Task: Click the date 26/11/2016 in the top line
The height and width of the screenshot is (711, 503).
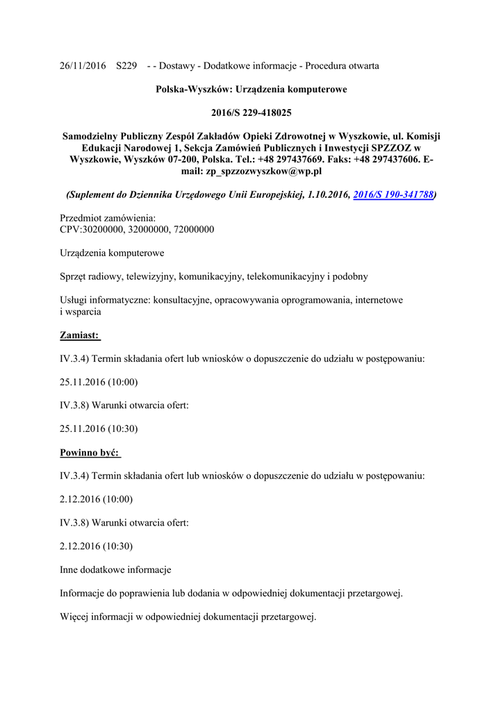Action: click(83, 66)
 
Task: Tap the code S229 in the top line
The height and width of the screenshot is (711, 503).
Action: click(126, 66)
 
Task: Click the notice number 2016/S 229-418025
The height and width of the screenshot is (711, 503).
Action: click(251, 112)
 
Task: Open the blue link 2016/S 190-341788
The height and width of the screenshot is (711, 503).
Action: click(393, 196)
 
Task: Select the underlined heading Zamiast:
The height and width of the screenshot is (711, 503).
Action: click(80, 335)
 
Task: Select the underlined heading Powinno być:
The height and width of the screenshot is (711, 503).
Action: click(90, 453)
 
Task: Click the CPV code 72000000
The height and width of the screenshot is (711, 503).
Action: click(190, 229)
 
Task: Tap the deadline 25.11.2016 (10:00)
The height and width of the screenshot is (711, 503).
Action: click(99, 382)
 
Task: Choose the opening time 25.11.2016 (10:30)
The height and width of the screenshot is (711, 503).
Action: click(99, 428)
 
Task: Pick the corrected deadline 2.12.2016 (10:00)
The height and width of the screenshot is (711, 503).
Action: click(96, 499)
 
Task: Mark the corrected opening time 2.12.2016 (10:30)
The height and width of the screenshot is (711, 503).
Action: click(96, 546)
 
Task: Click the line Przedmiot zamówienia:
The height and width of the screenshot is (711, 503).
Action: click(108, 218)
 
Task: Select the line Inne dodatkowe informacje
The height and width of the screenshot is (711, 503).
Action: click(115, 570)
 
